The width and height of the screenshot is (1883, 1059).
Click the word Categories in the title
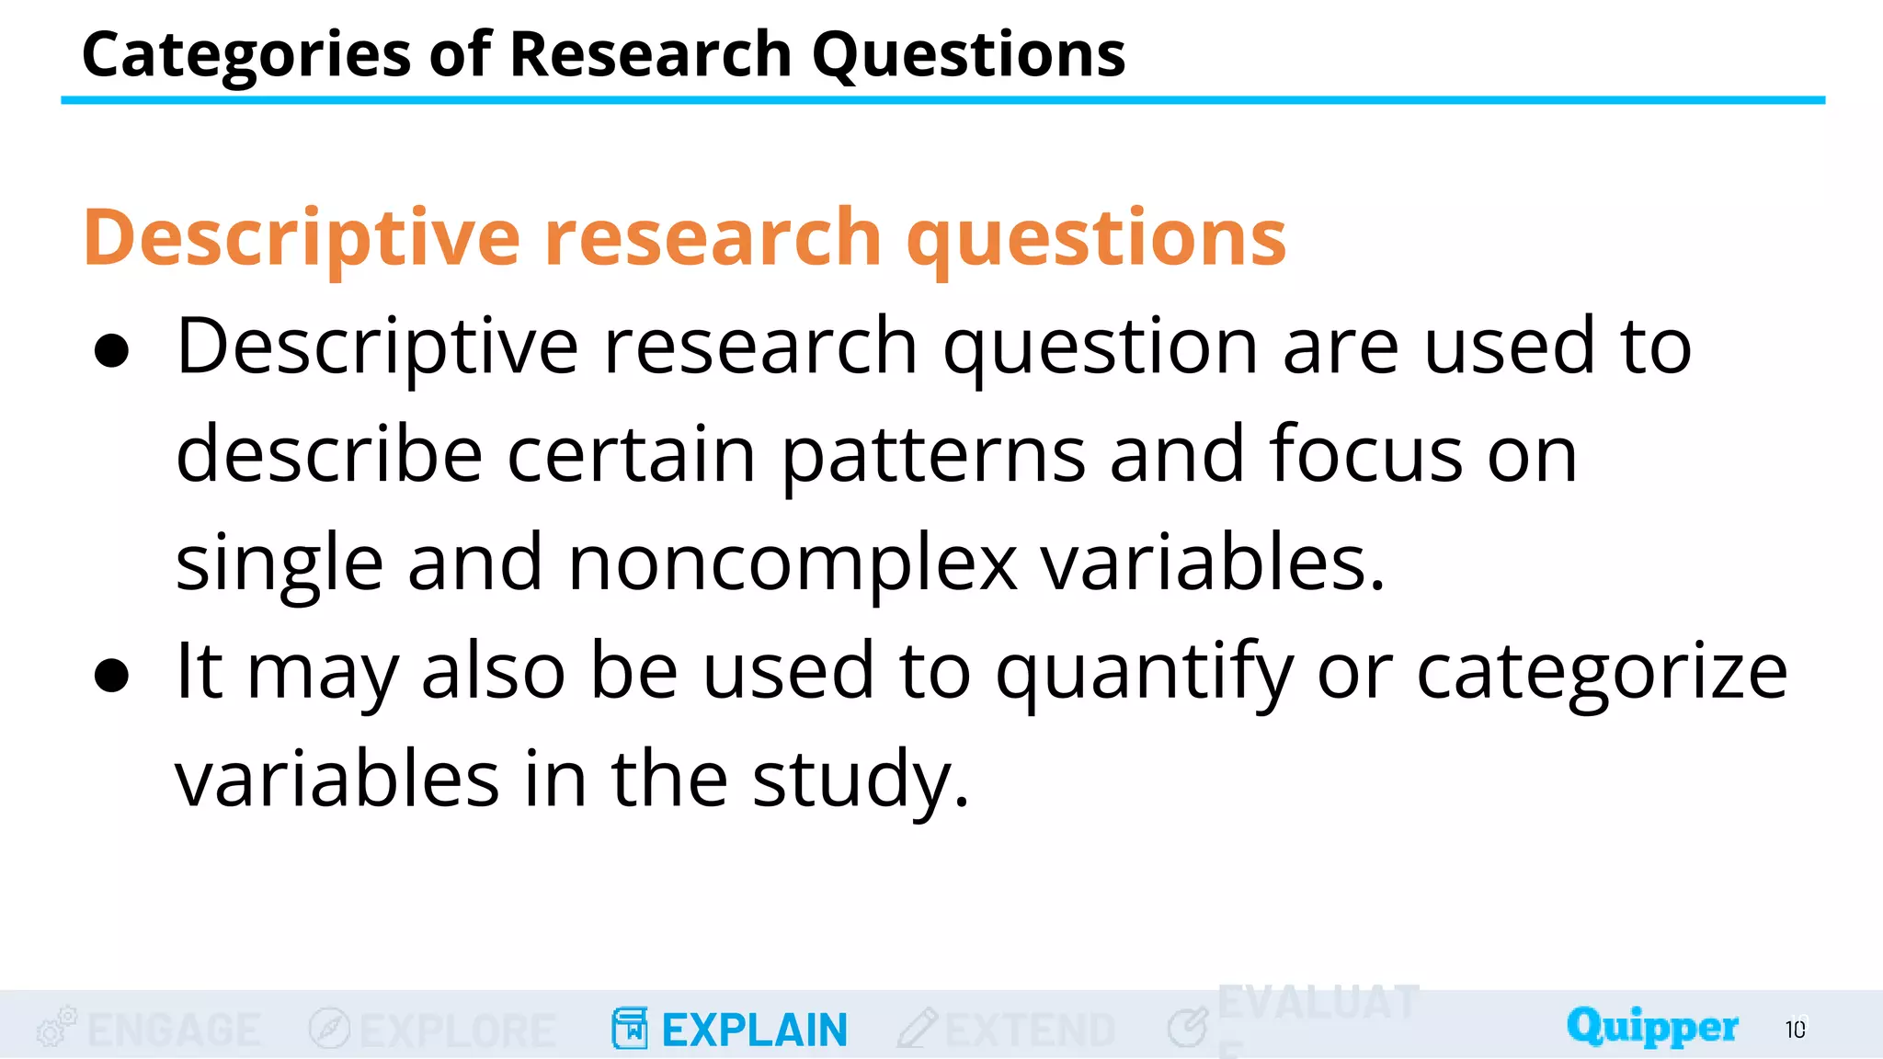pyautogui.click(x=245, y=55)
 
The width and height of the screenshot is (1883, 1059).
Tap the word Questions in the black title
pyautogui.click(x=968, y=55)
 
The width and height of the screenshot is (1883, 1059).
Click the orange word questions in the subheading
pyautogui.click(x=1096, y=239)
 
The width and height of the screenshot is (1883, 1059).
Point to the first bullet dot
pyautogui.click(x=111, y=351)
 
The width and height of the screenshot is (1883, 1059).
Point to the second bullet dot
pyautogui.click(x=111, y=676)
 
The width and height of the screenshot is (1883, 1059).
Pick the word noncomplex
pyautogui.click(x=793, y=563)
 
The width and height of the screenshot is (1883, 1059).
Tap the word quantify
pyautogui.click(x=1145, y=672)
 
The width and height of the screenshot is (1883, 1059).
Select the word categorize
pyautogui.click(x=1602, y=672)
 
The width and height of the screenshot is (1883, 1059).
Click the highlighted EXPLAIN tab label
pyautogui.click(x=754, y=1030)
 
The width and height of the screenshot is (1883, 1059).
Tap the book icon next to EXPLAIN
pyautogui.click(x=630, y=1028)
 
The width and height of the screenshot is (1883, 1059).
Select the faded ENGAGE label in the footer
pyautogui.click(x=174, y=1030)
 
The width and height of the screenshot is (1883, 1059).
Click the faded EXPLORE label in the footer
pyautogui.click(x=457, y=1030)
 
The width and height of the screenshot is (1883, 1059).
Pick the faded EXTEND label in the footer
pyautogui.click(x=1030, y=1030)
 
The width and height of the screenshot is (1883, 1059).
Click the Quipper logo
pyautogui.click(x=1652, y=1026)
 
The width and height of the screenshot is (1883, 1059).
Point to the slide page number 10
pyautogui.click(x=1796, y=1030)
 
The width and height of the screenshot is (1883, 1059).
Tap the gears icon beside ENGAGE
pyautogui.click(x=56, y=1027)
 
